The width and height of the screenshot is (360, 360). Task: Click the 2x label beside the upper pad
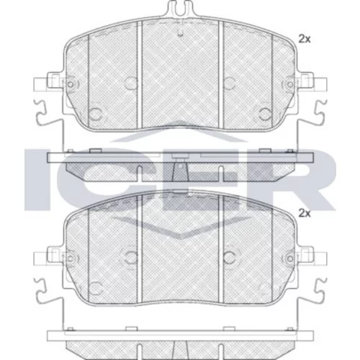(x=305, y=39)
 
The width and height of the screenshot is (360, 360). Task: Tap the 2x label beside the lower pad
(x=305, y=213)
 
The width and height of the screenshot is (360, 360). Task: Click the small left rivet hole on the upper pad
(x=71, y=84)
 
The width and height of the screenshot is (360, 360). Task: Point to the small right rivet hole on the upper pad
(x=290, y=84)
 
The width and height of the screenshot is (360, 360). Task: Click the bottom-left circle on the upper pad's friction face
(x=96, y=114)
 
